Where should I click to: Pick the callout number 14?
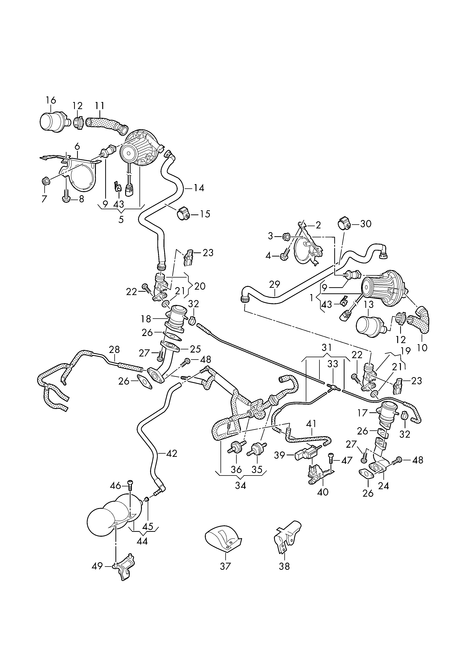199,188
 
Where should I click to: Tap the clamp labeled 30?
344,224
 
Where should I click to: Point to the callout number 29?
274,284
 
